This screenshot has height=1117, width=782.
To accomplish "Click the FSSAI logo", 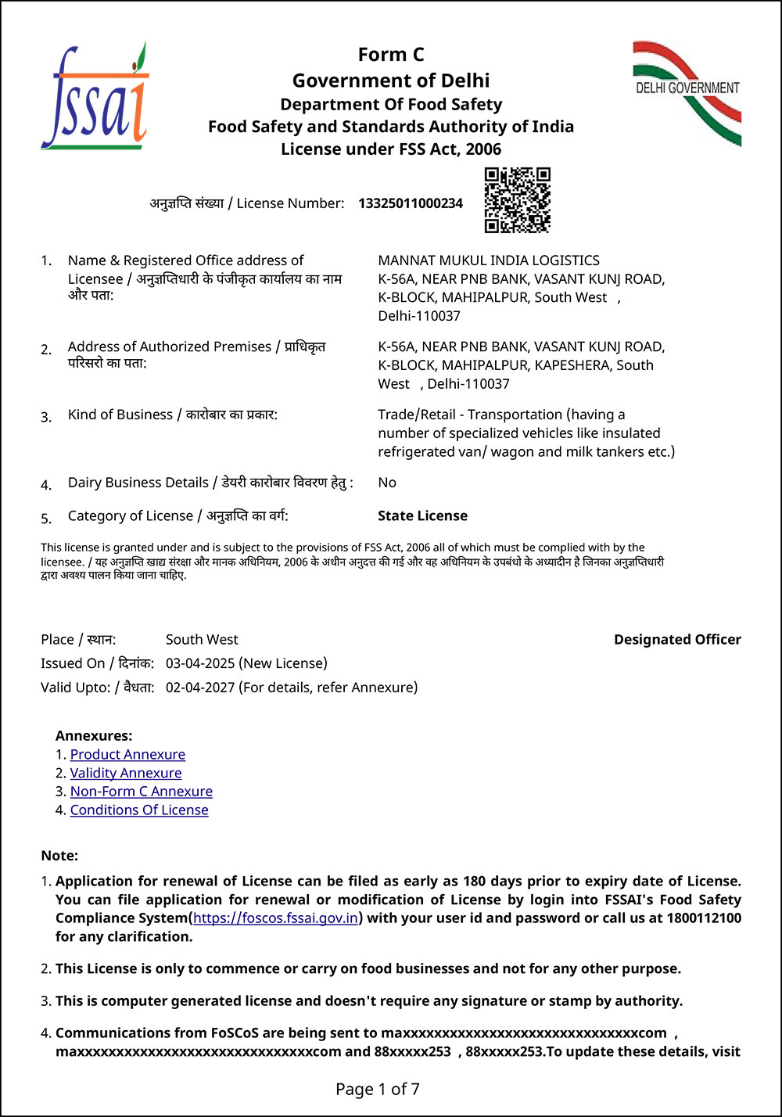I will (x=95, y=97).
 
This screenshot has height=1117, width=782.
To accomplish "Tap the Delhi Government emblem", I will (x=687, y=93).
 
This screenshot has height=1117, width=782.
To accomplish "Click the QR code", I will (x=517, y=200).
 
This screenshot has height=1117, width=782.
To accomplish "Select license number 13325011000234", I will (x=411, y=204).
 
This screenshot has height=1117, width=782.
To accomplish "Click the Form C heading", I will (x=391, y=55).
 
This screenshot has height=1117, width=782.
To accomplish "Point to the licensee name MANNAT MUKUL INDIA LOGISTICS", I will (x=489, y=260).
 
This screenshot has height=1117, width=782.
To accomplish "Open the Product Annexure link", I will (x=127, y=755).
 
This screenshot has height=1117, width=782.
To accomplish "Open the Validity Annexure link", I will (x=126, y=774).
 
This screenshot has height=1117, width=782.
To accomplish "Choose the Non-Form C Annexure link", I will (x=142, y=792).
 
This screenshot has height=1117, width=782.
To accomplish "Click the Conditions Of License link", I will (x=139, y=810).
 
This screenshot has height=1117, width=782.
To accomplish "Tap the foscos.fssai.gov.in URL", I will (x=276, y=918).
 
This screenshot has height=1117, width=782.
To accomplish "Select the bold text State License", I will (x=422, y=516).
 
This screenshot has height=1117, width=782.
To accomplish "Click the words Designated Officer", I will (x=677, y=640).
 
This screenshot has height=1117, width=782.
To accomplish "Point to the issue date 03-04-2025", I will (x=200, y=664).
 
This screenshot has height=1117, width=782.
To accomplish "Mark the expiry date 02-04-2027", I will (x=200, y=688).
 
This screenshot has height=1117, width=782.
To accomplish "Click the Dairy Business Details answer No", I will (x=387, y=483).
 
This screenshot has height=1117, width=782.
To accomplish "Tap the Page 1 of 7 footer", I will (x=378, y=1089).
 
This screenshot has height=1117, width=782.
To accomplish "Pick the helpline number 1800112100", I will (x=704, y=918).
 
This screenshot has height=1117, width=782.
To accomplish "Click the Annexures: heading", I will (x=94, y=736).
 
